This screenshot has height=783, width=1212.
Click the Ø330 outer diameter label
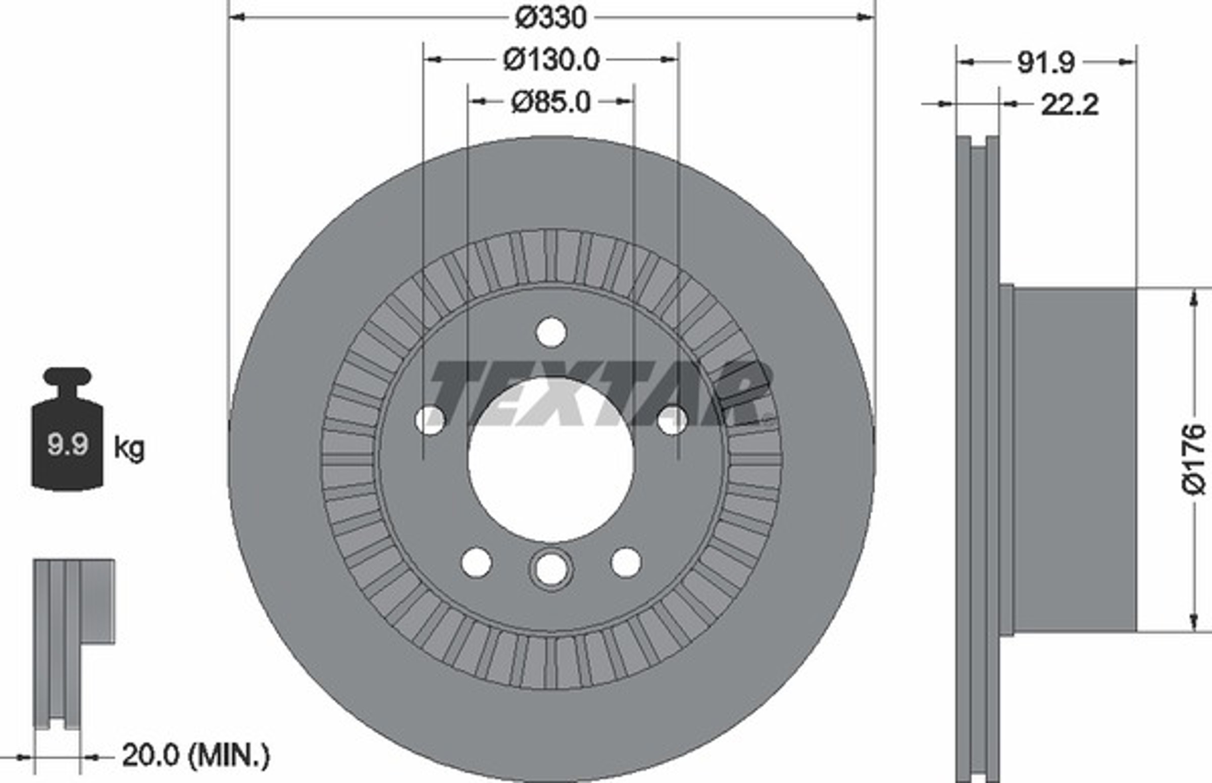pyautogui.click(x=550, y=18)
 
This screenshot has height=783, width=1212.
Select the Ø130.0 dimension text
pyautogui.click(x=551, y=60)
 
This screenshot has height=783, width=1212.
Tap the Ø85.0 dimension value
pyautogui.click(x=551, y=102)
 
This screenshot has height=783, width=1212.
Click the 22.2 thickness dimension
pyautogui.click(x=1070, y=105)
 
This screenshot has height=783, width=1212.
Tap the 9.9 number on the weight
pyautogui.click(x=68, y=444)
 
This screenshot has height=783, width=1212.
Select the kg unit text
pyautogui.click(x=129, y=449)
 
